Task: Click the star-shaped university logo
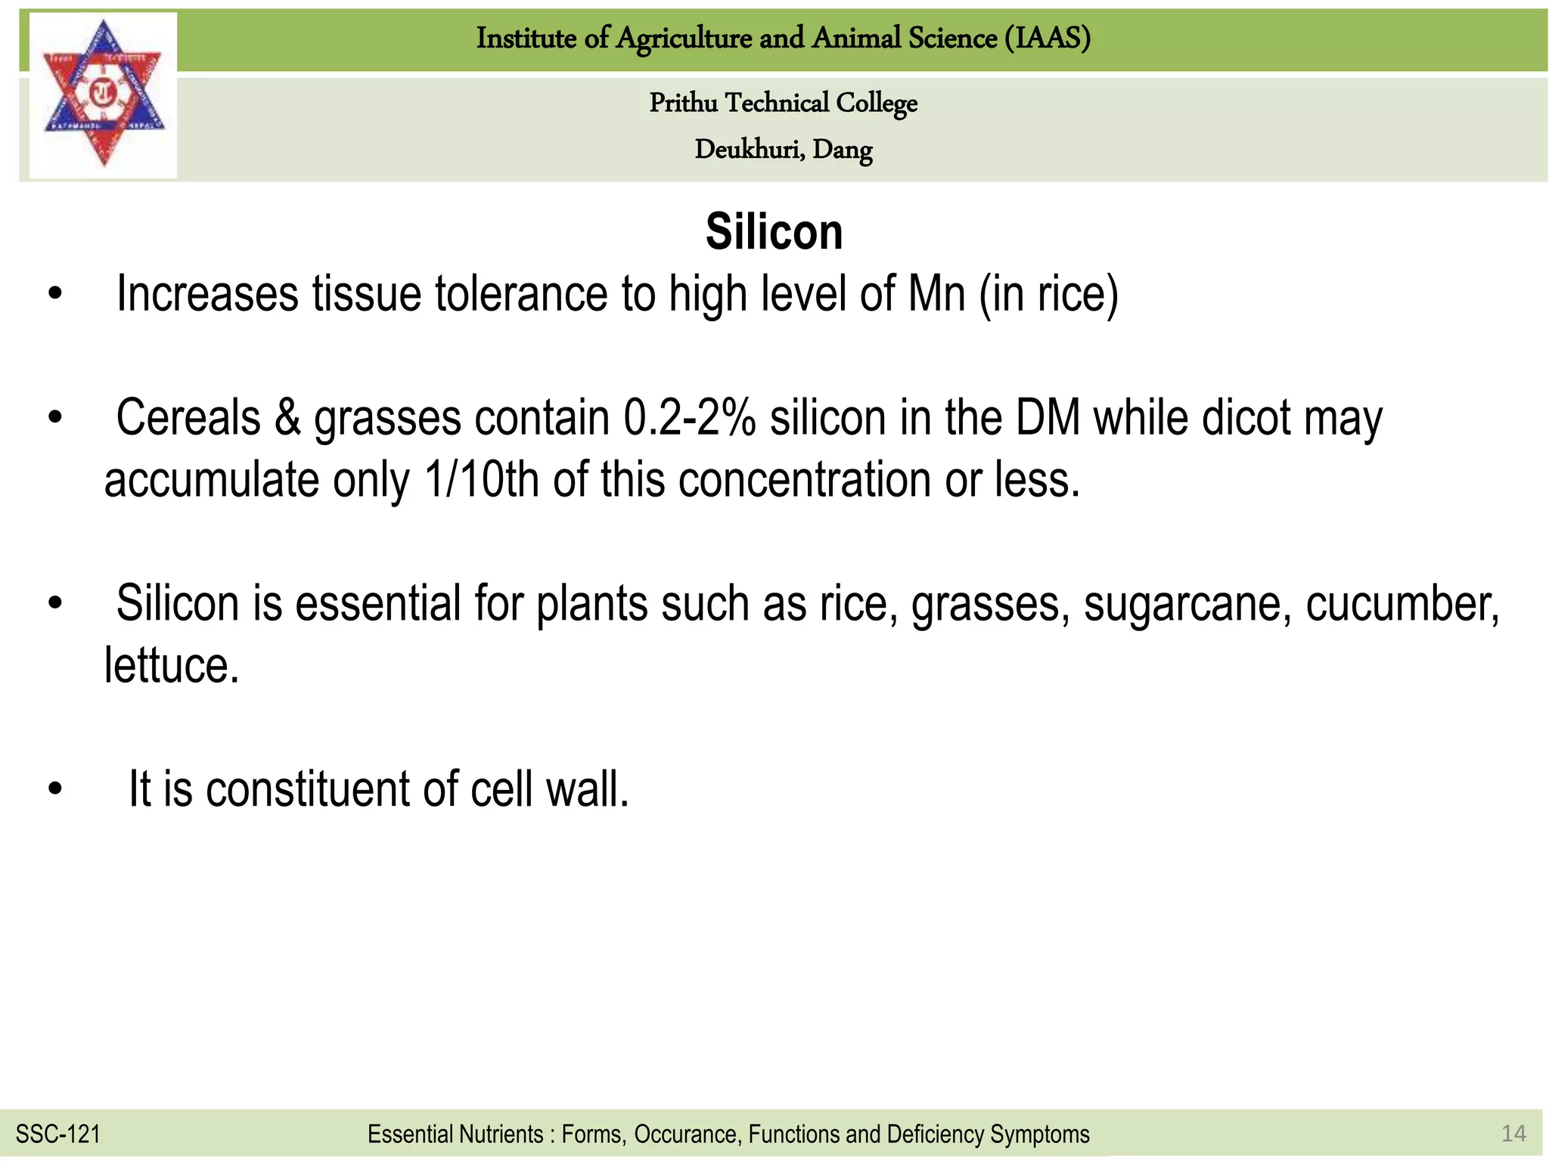[103, 94]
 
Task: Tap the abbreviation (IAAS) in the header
[1048, 38]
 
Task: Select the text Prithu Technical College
[783, 103]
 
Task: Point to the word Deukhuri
[748, 150]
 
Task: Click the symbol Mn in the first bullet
[936, 294]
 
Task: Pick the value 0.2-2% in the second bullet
[689, 418]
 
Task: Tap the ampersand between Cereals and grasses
[287, 418]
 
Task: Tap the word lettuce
[172, 666]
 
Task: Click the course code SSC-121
[58, 1134]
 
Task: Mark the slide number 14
[1513, 1133]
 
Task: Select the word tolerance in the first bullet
[521, 294]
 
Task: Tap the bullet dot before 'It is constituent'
[54, 789]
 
